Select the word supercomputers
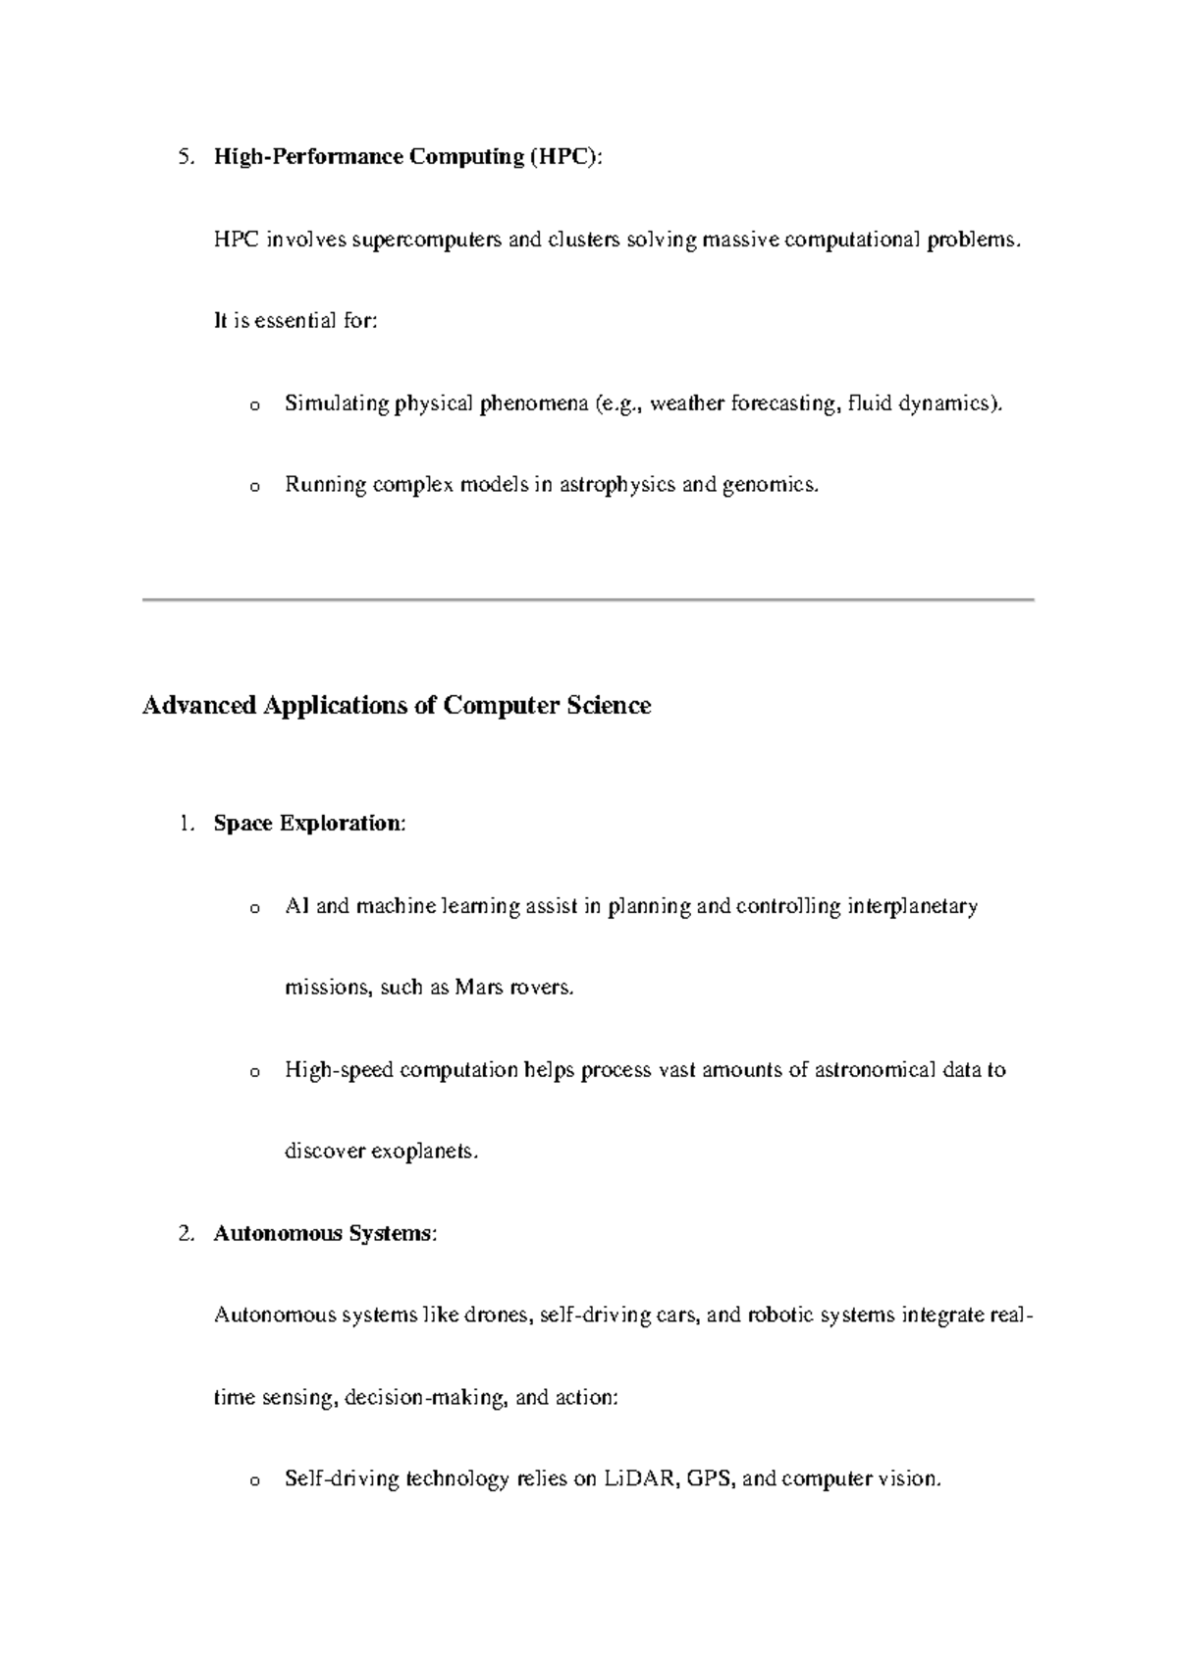pos(427,240)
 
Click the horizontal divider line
pos(589,599)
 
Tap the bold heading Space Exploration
pos(307,824)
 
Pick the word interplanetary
pos(912,906)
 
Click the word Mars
pos(479,988)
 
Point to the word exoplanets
pos(424,1152)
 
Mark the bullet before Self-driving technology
pos(255,1481)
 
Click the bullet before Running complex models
pos(255,487)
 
